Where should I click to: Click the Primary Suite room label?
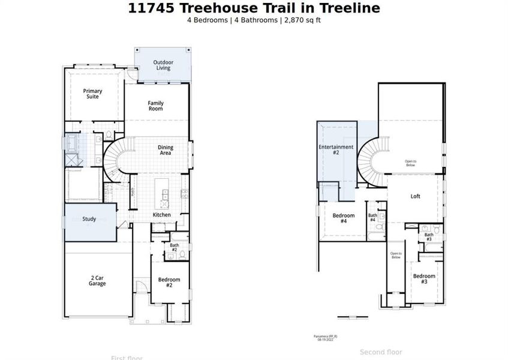(92, 94)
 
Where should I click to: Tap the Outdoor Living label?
(163, 65)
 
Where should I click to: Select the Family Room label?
(156, 106)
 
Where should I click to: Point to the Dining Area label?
(165, 150)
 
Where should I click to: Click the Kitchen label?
(161, 215)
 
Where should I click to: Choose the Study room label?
(89, 219)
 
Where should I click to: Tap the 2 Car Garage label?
(97, 280)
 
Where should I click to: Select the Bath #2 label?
(174, 247)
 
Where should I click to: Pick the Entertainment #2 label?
(336, 150)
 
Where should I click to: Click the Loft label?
(415, 196)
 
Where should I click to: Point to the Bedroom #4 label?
(344, 218)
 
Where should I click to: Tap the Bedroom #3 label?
(424, 278)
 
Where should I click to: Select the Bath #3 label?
(429, 237)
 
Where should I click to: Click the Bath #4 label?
(372, 218)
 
